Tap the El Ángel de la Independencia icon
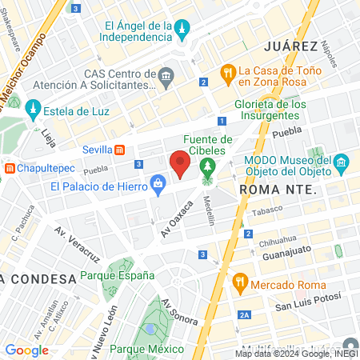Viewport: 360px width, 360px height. [x=183, y=30]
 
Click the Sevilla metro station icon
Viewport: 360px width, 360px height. [x=119, y=150]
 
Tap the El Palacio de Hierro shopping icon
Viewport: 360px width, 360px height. [x=158, y=186]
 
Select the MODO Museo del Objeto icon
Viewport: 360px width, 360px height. [x=341, y=163]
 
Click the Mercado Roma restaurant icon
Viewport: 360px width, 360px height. [x=239, y=282]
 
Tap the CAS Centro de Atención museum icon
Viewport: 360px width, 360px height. [x=166, y=78]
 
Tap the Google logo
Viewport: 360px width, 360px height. [x=27, y=350]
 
